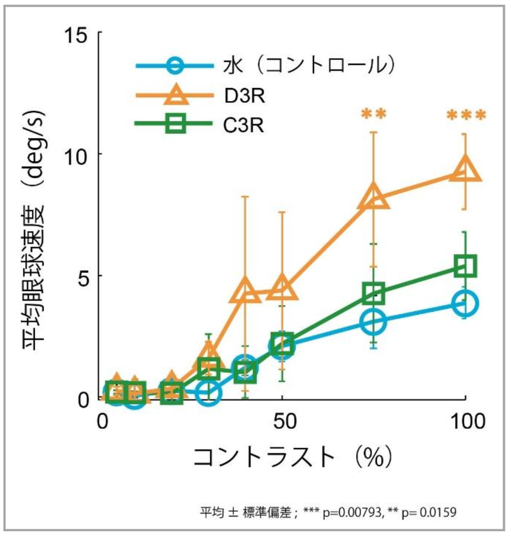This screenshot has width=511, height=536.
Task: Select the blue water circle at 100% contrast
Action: [x=464, y=304]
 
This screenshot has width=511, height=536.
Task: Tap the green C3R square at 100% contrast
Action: [x=465, y=266]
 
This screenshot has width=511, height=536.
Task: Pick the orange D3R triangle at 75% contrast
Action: [x=373, y=197]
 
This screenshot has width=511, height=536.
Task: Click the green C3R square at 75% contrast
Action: [x=373, y=294]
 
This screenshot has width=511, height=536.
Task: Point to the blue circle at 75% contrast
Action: [x=373, y=322]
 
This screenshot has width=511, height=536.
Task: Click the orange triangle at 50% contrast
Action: [x=282, y=287]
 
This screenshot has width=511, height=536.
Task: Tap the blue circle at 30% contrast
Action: [x=208, y=393]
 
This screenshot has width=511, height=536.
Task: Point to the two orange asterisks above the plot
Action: [x=373, y=114]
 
